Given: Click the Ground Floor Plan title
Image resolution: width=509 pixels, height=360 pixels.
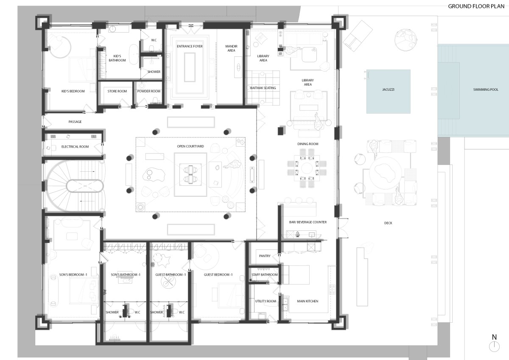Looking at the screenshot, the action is (476, 6).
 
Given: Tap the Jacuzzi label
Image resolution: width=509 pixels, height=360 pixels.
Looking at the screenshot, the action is (388, 89).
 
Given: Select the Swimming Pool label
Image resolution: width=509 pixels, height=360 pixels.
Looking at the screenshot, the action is (486, 89).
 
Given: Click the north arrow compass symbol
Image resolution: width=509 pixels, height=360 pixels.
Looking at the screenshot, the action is (494, 344).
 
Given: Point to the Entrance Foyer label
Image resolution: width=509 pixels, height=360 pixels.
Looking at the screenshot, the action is (190, 46).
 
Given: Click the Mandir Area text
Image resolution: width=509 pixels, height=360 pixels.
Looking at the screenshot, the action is (231, 48).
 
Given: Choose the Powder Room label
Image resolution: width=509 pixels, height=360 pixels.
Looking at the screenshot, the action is (148, 91).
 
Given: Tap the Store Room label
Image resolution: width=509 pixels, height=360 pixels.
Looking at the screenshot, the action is (117, 91).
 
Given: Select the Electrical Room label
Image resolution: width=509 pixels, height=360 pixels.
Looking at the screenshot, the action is (75, 147).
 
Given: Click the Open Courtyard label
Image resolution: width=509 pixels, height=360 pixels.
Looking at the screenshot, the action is (190, 146).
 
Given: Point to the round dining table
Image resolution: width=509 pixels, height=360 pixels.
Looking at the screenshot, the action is (307, 168).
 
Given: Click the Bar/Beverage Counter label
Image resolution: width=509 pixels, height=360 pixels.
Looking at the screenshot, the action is (308, 222).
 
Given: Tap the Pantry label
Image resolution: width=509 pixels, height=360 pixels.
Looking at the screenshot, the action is (265, 256).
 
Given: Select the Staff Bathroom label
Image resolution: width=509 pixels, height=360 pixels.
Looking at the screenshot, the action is (265, 275).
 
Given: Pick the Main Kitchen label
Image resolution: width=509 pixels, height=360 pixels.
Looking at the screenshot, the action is (308, 301).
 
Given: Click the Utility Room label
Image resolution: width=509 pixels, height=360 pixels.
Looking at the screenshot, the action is (266, 301).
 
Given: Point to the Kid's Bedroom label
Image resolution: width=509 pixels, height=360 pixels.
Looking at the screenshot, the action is (73, 91).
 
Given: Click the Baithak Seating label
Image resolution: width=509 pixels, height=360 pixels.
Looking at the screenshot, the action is (263, 88).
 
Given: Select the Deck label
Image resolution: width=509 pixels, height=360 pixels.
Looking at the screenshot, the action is (388, 223).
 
